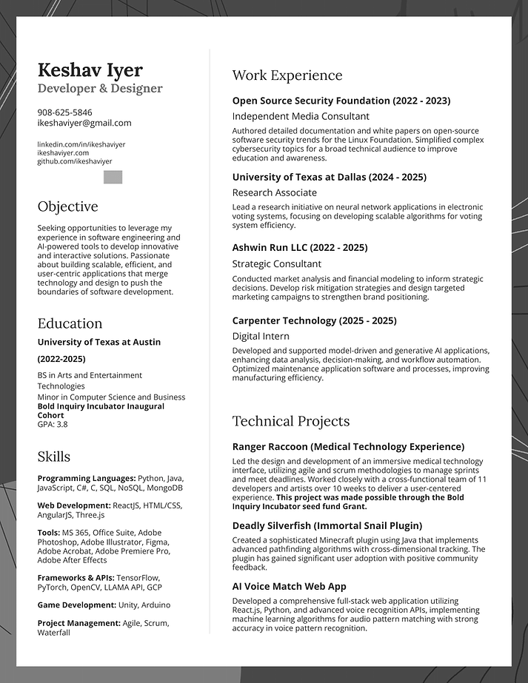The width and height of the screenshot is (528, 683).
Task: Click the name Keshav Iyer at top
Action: pyautogui.click(x=90, y=70)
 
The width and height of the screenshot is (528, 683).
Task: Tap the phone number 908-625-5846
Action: pyautogui.click(x=65, y=112)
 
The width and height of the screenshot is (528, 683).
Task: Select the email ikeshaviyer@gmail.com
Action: pyautogui.click(x=84, y=123)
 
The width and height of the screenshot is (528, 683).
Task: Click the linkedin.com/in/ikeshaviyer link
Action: pyautogui.click(x=81, y=144)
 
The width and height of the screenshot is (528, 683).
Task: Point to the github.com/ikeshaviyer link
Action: pyautogui.click(x=75, y=161)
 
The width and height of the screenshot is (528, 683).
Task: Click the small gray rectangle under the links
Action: pyautogui.click(x=113, y=177)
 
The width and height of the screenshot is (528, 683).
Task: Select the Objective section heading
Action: pyautogui.click(x=67, y=206)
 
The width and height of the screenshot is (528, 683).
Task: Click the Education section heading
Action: pyautogui.click(x=70, y=323)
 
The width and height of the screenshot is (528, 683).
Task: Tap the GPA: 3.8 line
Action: pyautogui.click(x=53, y=424)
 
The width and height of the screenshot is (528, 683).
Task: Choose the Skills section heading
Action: pyautogui.click(x=54, y=456)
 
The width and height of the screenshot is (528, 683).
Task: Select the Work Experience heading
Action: pyautogui.click(x=287, y=75)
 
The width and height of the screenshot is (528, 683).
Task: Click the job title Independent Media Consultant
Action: pyautogui.click(x=301, y=116)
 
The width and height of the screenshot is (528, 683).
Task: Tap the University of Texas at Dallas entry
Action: pyautogui.click(x=329, y=177)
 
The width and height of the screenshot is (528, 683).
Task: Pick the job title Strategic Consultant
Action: pyautogui.click(x=276, y=263)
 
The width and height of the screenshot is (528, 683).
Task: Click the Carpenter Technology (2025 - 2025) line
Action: pyautogui.click(x=314, y=320)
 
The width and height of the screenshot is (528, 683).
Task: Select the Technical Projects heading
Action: pyautogui.click(x=290, y=421)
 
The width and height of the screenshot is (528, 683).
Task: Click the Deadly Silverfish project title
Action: pyautogui.click(x=327, y=525)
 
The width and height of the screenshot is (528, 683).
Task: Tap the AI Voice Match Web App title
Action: pyautogui.click(x=289, y=586)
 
